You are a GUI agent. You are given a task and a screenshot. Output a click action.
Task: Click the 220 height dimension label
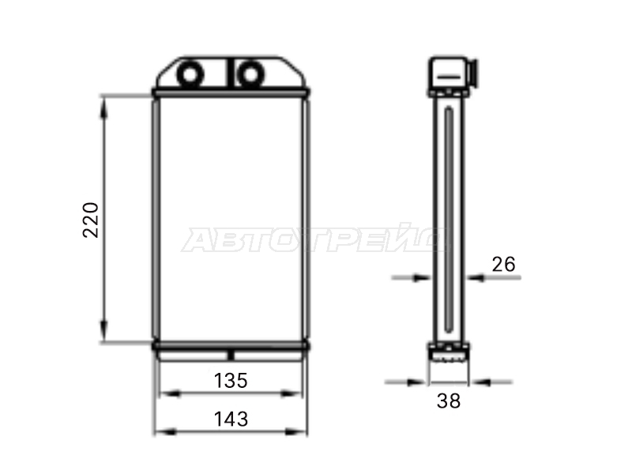coord(90,220)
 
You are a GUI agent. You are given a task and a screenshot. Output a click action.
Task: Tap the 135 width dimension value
coord(231,381)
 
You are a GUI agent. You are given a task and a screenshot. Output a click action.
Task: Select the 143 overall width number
coord(231,419)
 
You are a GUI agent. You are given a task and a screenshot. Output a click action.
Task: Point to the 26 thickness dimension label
coord(503,265)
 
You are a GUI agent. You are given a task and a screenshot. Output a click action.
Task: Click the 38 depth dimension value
coord(449,401)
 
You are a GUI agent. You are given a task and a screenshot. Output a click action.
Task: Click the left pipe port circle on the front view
coord(190,75)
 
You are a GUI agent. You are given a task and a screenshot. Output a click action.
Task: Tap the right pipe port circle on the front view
coord(250,75)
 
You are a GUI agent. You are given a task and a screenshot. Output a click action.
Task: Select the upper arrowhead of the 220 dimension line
coord(104,107)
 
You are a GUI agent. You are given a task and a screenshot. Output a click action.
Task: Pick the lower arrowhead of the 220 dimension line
coord(104,331)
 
